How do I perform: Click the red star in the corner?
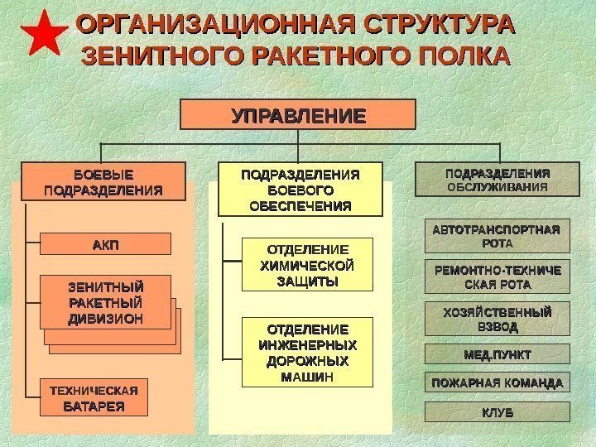pyautogui.click(x=42, y=34)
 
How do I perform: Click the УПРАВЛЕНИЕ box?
pyautogui.click(x=298, y=115)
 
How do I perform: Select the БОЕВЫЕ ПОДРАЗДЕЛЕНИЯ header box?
pyautogui.click(x=103, y=182)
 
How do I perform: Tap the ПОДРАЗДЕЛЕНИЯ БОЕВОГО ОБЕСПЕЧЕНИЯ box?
pyautogui.click(x=300, y=189)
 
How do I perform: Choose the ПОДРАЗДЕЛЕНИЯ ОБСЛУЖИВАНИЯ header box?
pyautogui.click(x=497, y=180)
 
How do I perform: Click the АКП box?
pyautogui.click(x=105, y=243)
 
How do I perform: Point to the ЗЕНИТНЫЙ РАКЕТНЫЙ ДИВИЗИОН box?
pyautogui.click(x=105, y=303)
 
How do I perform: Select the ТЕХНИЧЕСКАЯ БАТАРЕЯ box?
pyautogui.click(x=94, y=397)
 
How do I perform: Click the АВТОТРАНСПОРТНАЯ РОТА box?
pyautogui.click(x=497, y=236)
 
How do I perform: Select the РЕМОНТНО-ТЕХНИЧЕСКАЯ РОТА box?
pyautogui.click(x=497, y=277)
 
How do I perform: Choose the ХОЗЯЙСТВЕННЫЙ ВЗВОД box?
pyautogui.click(x=497, y=319)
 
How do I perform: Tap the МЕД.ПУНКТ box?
pyautogui.click(x=497, y=355)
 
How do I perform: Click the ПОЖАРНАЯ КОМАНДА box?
pyautogui.click(x=497, y=382)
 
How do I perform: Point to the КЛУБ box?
pyautogui.click(x=497, y=411)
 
